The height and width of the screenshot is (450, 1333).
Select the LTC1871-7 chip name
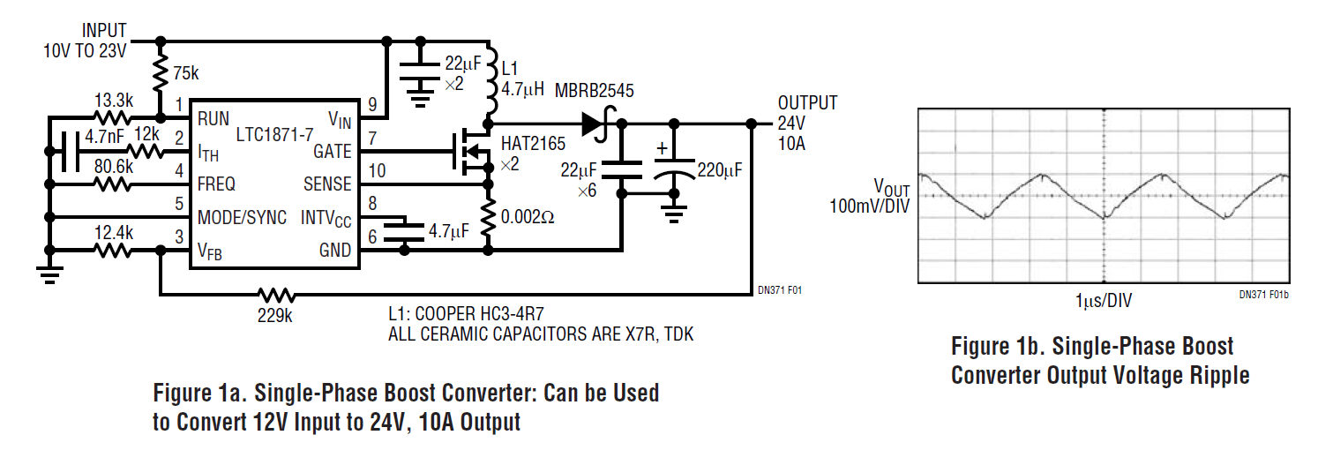[x=276, y=134]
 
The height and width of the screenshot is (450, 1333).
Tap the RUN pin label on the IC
[x=214, y=118]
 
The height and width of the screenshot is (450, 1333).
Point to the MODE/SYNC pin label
[x=242, y=217]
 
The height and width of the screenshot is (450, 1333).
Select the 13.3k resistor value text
[x=113, y=100]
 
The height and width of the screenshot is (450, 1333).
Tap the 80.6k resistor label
[x=113, y=168]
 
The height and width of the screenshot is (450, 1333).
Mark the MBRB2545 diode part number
[x=594, y=91]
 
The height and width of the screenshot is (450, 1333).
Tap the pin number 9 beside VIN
[x=371, y=105]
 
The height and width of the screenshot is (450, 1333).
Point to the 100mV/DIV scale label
[x=869, y=206]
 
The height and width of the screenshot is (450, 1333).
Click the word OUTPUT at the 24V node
[x=807, y=102]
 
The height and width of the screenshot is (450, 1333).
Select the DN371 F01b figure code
[x=1263, y=296]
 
